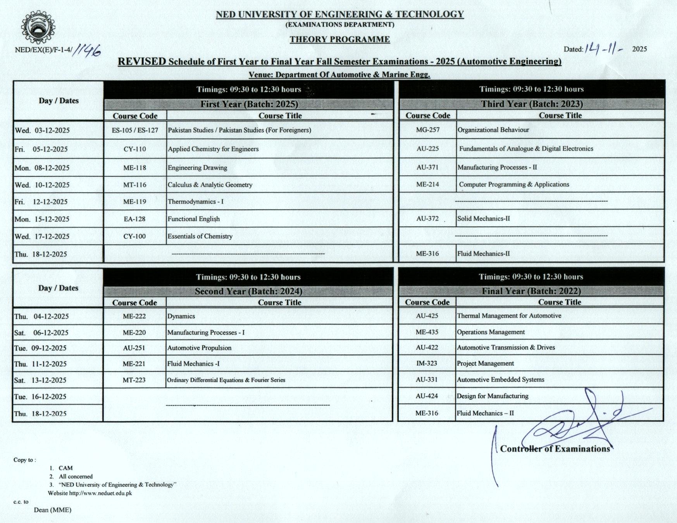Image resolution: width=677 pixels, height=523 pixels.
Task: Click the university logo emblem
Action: coord(38,28)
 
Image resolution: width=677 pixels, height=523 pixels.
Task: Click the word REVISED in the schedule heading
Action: coord(142,62)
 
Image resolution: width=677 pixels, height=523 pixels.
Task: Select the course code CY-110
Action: coord(134,149)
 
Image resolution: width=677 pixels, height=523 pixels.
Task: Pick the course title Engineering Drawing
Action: coord(197,167)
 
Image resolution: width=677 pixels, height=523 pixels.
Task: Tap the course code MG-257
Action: coord(428,130)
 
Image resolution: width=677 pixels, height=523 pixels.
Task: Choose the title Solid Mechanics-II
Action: coord(483,219)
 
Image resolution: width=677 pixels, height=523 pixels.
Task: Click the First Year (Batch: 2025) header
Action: coord(249,104)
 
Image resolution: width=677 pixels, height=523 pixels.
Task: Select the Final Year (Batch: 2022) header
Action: coord(531,291)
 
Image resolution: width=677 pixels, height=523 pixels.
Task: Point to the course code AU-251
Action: coord(134,348)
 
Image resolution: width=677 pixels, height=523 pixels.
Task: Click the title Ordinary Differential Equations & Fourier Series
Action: coord(226,380)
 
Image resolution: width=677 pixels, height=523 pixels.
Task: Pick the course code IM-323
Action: coord(427,363)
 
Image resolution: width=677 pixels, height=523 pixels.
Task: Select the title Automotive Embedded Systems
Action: coord(500,380)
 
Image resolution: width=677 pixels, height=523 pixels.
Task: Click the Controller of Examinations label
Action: coord(555,449)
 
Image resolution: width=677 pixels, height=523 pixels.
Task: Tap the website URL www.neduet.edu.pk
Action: coord(100,493)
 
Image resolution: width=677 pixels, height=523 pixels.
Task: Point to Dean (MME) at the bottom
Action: coord(52,510)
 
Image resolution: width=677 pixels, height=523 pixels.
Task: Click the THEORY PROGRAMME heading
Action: coord(340,39)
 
